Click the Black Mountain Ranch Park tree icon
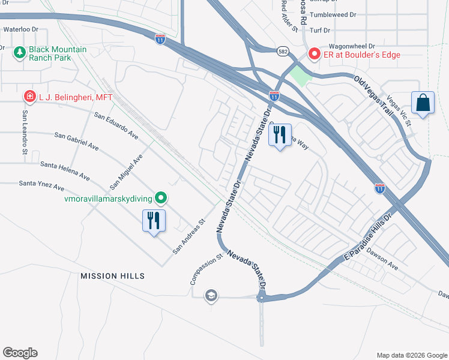click(19, 53)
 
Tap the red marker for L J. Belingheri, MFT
click(29, 96)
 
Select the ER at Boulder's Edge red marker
click(313, 55)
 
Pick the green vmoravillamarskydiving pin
click(160, 197)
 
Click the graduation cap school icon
click(211, 295)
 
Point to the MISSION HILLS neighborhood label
click(113, 275)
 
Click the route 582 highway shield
click(282, 52)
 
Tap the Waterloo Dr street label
click(21, 29)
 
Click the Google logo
click(20, 353)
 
